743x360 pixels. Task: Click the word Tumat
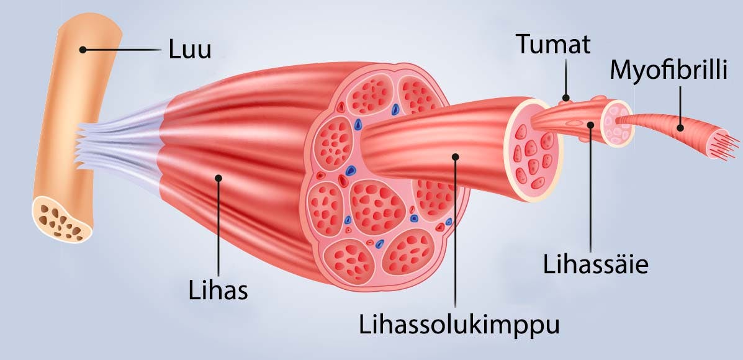click(x=553, y=45)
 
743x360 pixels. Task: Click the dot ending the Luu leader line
click(x=82, y=48)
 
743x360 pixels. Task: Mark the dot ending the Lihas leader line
click(x=218, y=179)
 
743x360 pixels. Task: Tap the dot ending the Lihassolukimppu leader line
click(x=456, y=156)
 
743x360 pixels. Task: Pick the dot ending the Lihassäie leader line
click(x=590, y=125)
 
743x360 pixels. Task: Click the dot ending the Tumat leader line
click(x=565, y=97)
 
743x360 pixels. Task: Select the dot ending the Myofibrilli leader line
click(x=680, y=128)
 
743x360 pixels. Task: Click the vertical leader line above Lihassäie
click(x=590, y=186)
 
